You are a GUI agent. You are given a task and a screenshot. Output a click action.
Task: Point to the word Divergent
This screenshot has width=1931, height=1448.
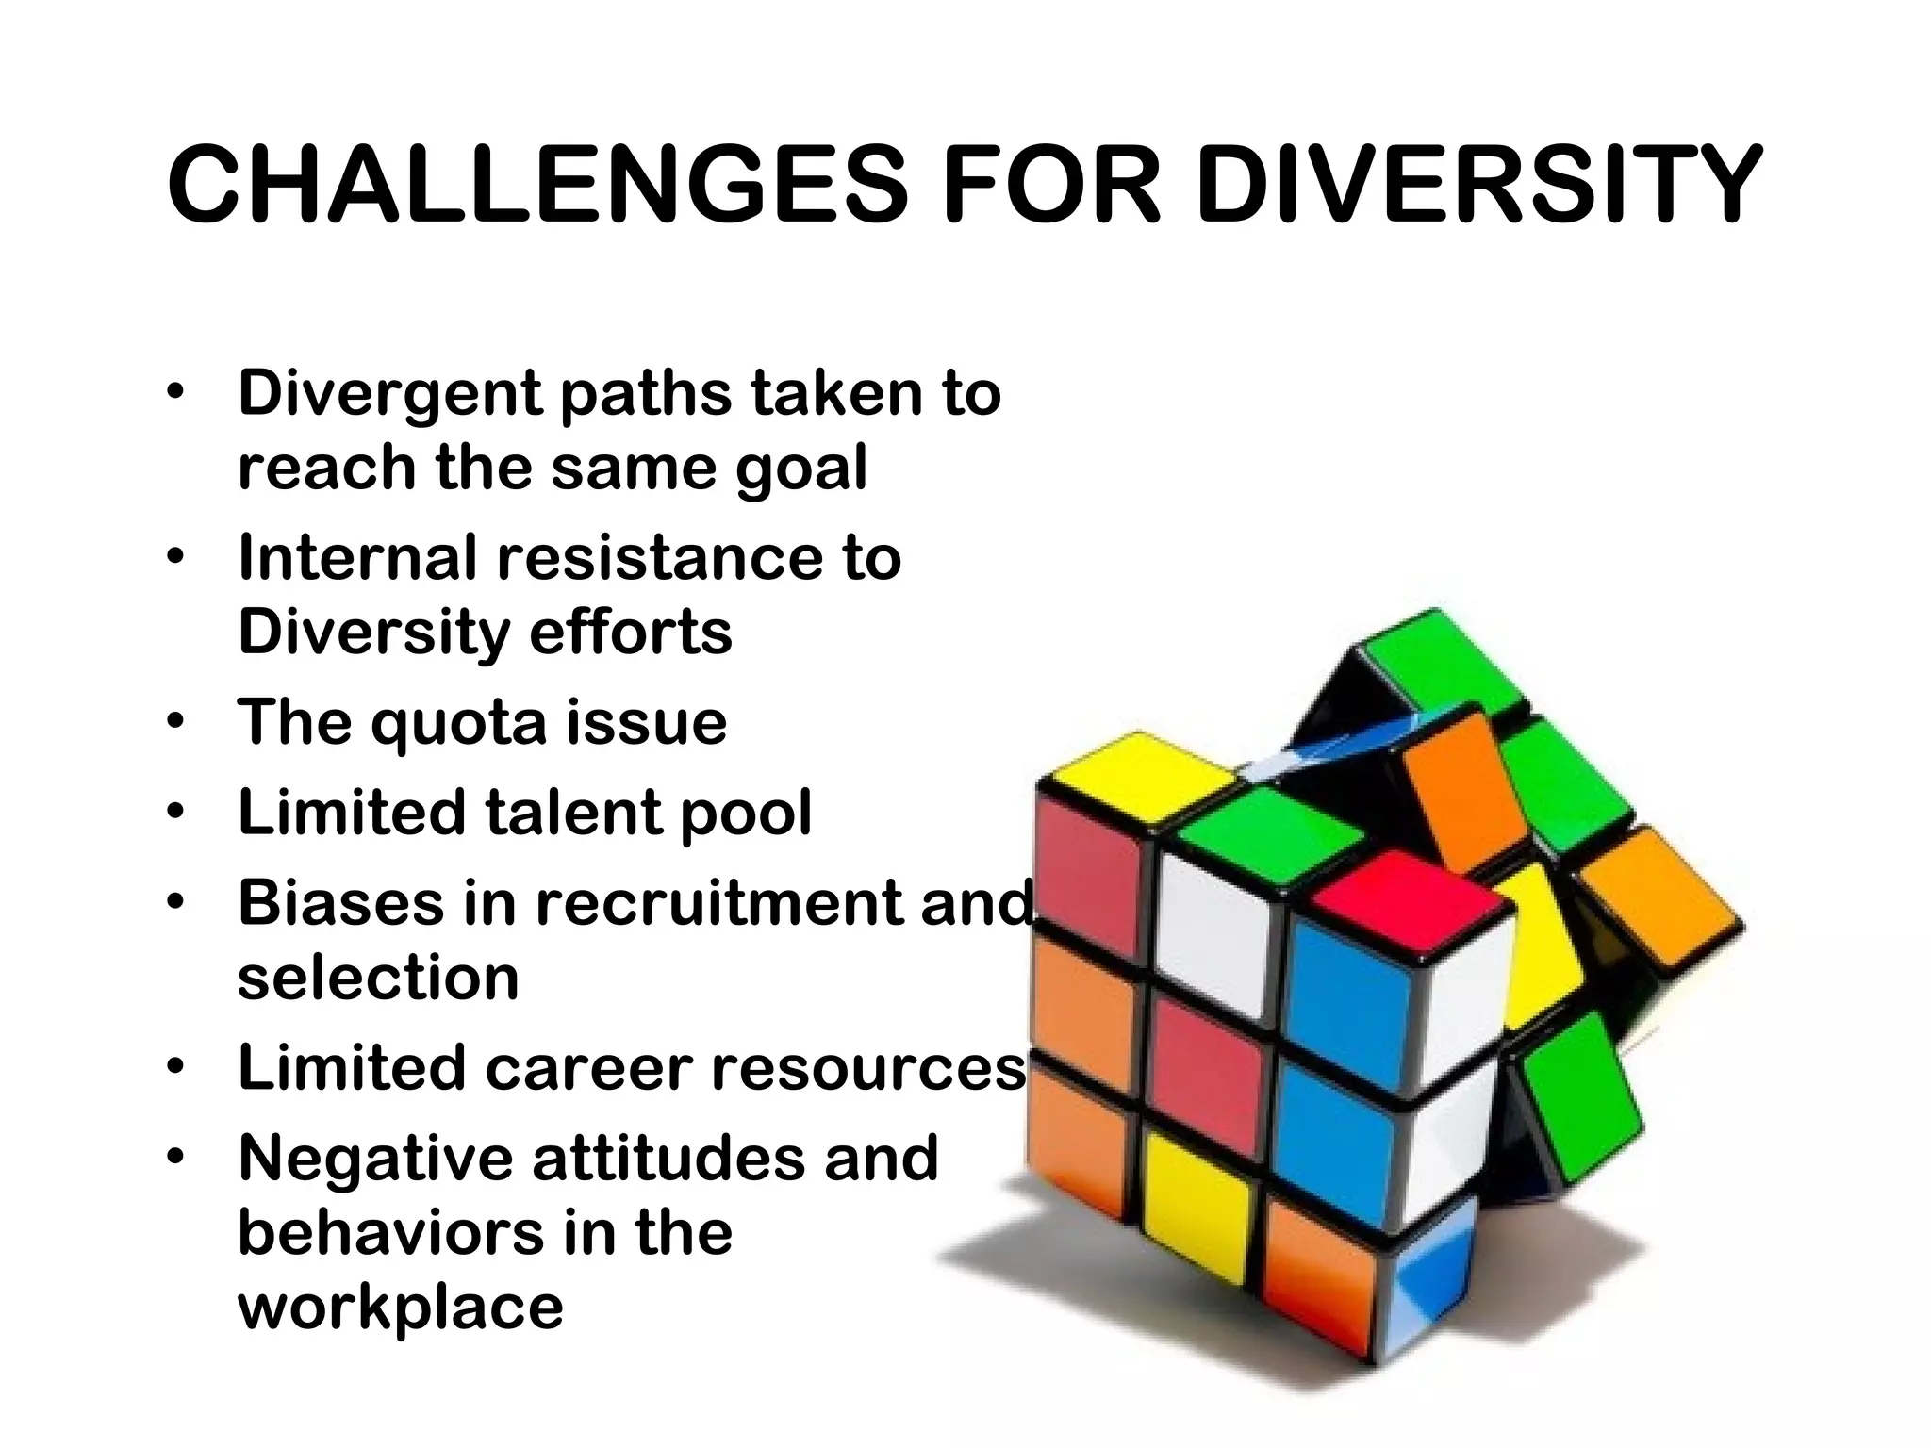tap(389, 394)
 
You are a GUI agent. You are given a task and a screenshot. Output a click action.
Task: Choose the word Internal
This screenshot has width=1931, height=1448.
tap(356, 557)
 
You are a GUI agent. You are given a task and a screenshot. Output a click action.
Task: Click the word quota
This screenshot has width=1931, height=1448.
tap(458, 723)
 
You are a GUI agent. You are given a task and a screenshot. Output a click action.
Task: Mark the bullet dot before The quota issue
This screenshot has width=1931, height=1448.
tap(176, 723)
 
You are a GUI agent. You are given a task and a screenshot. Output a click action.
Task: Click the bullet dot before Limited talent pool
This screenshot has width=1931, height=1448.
tap(176, 813)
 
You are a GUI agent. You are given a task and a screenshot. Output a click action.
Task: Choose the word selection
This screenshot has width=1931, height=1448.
tap(378, 978)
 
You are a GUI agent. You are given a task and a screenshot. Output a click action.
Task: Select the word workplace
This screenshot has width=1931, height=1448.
tap(401, 1308)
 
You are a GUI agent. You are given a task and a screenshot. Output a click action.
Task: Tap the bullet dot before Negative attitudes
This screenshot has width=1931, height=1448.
tap(176, 1159)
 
